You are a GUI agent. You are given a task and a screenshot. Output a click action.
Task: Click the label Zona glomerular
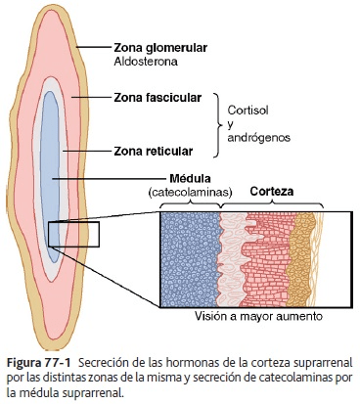coord(160,48)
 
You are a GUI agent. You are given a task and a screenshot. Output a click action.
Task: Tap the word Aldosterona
coord(146,62)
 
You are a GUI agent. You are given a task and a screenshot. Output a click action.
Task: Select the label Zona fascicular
coord(157,98)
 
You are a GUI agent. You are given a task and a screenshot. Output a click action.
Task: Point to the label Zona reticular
coord(153,152)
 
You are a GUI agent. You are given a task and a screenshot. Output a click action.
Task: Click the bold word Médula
coord(190,178)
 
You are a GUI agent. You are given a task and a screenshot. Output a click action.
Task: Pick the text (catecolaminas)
coord(190,193)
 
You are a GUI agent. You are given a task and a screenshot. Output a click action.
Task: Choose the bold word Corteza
coord(272,191)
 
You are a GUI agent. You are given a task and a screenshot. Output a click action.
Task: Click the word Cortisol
coord(247,111)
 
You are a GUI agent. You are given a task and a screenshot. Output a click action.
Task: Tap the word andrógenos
coord(258,138)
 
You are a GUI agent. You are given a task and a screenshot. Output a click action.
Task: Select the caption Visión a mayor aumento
coord(258,316)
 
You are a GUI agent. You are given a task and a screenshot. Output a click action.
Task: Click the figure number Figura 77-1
coord(38,363)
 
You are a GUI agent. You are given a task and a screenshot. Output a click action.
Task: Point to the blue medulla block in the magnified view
coord(191,259)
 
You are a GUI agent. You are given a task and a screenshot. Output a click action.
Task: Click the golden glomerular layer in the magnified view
coord(300,259)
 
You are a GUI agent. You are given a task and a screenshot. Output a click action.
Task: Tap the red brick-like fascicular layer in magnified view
coord(267,261)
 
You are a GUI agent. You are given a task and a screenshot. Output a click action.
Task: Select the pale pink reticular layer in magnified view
coord(232,259)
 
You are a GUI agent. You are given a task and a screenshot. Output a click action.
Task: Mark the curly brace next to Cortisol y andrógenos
coord(217,125)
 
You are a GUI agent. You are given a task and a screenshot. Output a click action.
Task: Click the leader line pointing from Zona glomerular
coord(94,47)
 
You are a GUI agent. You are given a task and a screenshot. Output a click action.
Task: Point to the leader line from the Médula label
coord(110,179)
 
